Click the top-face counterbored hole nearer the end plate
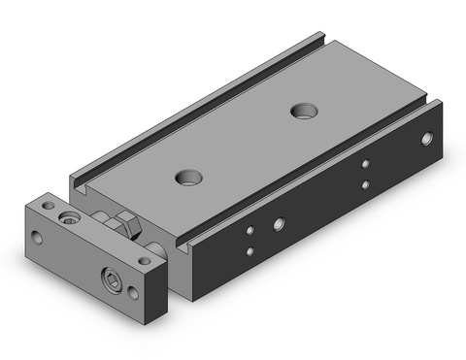tap(187, 177)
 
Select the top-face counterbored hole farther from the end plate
tap(301, 110)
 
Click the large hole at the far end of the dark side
tap(426, 139)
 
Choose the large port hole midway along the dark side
tap(280, 224)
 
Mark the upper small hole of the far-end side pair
tap(365, 165)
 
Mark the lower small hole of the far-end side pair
tap(365, 184)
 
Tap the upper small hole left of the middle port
tap(250, 231)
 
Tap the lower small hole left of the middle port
tap(250, 252)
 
